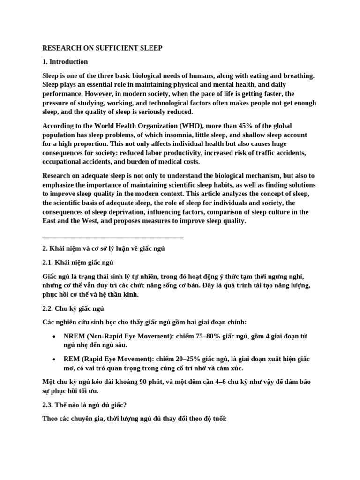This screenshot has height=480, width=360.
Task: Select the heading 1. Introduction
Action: (x=65, y=61)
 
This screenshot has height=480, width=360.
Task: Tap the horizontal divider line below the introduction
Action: (x=113, y=238)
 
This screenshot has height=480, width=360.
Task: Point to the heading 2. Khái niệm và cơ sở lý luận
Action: (x=104, y=248)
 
